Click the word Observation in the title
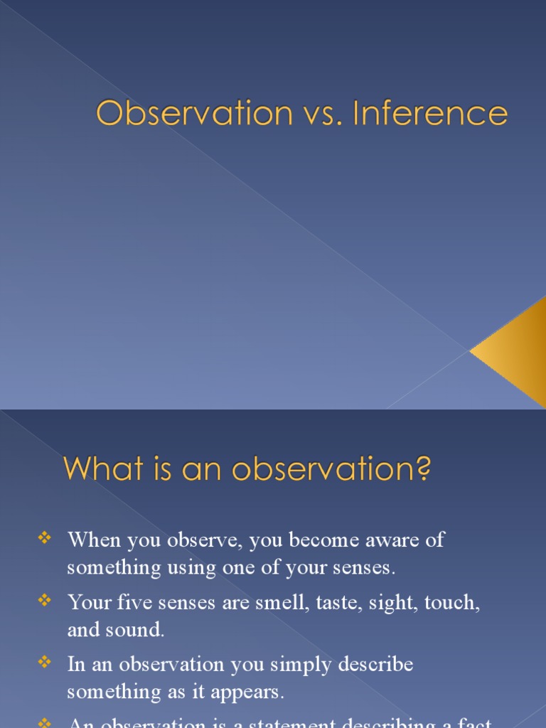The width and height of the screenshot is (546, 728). [x=194, y=114]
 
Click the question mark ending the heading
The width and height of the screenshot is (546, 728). [x=424, y=469]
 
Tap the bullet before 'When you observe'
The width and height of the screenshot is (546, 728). [x=44, y=539]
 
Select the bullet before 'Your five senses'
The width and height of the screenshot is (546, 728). [x=44, y=601]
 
